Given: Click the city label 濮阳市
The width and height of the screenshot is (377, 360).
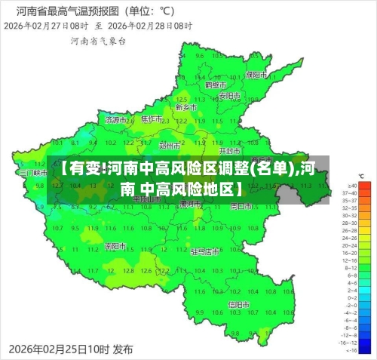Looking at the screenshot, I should [257, 75].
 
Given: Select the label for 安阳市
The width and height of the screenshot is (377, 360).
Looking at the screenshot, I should [229, 95].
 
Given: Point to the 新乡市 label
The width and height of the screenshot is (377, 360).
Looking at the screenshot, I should [186, 108].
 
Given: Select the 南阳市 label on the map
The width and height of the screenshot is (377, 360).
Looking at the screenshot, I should [115, 246].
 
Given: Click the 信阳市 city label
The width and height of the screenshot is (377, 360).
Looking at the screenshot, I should [239, 305].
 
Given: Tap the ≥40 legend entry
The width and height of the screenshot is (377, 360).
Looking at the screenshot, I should [350, 185].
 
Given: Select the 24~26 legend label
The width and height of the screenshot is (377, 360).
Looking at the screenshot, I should [351, 244].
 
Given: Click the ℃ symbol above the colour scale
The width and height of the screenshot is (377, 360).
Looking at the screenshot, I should [361, 176].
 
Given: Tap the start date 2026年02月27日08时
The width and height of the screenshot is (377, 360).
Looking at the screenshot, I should [46, 25].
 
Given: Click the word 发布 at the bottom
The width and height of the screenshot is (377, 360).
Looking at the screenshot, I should [123, 349].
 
